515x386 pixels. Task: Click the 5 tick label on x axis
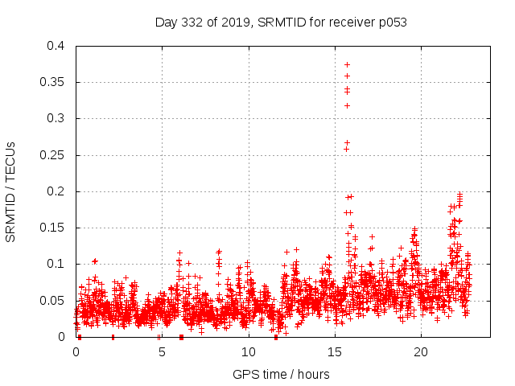(162, 352)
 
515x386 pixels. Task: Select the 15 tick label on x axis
(334, 352)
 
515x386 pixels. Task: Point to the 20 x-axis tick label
(420, 352)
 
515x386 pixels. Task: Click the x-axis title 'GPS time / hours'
(281, 374)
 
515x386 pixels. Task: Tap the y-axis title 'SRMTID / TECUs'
(10, 191)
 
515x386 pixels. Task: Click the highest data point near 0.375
(347, 64)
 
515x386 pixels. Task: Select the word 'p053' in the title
(393, 23)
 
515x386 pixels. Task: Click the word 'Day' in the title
(167, 23)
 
